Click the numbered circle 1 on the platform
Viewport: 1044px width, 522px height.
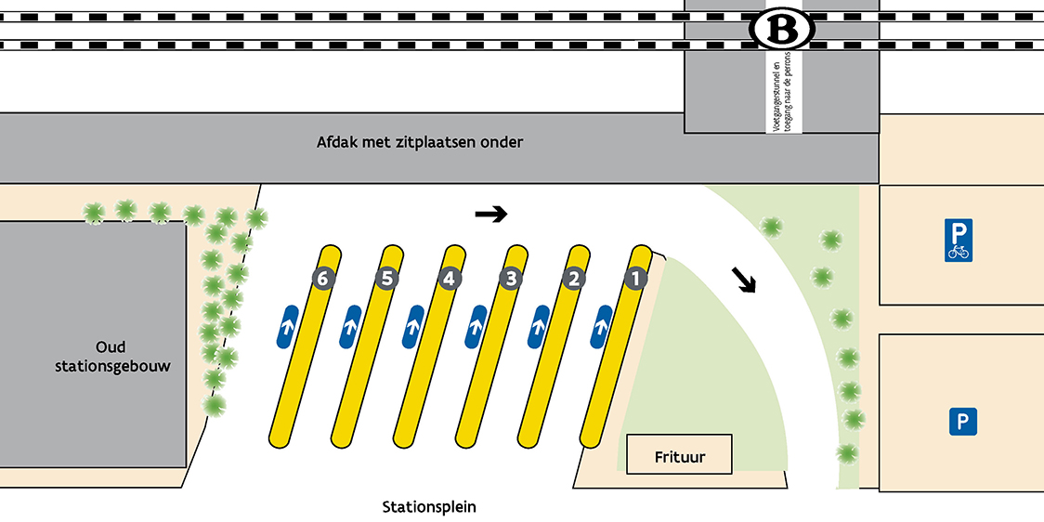coord(635,278)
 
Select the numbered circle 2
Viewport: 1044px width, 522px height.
coord(573,278)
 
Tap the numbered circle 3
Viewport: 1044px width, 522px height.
coord(510,278)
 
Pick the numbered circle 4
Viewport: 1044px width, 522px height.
coord(449,278)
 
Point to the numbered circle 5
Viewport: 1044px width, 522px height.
coord(386,278)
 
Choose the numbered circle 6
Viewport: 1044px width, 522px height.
coord(322,278)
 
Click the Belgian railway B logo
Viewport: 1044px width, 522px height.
coord(781,30)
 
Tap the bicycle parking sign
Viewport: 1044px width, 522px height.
coord(958,241)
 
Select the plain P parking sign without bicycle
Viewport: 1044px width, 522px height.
coord(962,424)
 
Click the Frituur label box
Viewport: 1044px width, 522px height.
coord(679,455)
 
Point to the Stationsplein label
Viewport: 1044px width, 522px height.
coord(429,507)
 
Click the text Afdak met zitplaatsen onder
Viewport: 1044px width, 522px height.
coord(420,142)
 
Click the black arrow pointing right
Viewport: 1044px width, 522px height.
coord(491,215)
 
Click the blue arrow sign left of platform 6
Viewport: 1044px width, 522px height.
coord(287,327)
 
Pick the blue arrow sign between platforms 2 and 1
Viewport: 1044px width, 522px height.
coord(601,327)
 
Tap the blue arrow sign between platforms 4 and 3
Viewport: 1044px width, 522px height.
coord(476,327)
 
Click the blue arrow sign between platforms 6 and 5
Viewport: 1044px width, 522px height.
coord(351,327)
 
